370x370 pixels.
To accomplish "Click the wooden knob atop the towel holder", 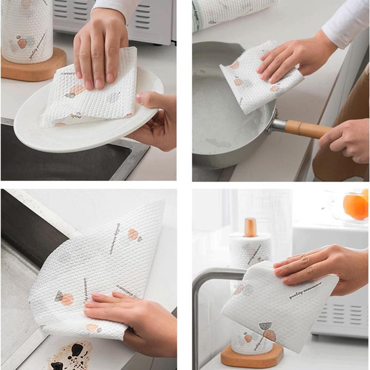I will (250, 227).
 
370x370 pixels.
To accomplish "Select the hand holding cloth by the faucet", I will (319, 268).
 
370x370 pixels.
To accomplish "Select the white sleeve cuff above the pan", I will (342, 28).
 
